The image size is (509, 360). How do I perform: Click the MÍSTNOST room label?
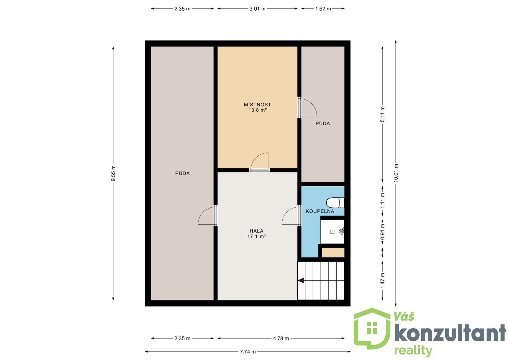coord(257,105)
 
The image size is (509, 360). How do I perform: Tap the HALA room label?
coord(256,231)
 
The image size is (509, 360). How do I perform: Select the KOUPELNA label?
coord(320,211)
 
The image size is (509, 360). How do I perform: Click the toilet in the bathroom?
coord(335,203)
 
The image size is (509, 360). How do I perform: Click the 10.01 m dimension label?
coord(396,173)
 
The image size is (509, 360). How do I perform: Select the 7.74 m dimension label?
coord(248,352)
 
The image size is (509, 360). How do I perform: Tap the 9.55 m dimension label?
coord(113,173)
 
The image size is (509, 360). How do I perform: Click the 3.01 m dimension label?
coord(257,9)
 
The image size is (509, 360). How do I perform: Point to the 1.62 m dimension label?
coord(323,9)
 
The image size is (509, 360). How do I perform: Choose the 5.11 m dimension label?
coord(383,114)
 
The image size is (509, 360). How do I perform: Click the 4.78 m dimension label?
coord(281,339)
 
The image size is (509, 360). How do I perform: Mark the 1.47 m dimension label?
coord(383,280)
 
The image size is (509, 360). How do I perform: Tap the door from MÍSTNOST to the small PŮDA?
coord(308,107)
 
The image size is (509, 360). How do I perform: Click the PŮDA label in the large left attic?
coord(182,173)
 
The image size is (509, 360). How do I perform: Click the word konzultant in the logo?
coord(450,333)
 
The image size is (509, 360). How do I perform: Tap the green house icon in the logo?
coord(372,328)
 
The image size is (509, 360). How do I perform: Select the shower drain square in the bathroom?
coord(332,232)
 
